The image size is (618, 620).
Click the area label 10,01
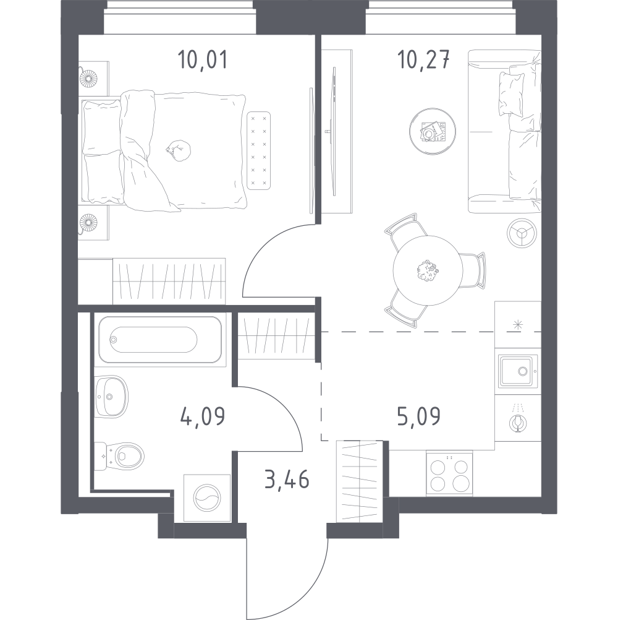tap(203, 60)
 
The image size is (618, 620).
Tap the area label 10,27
tap(424, 60)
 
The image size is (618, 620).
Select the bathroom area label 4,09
tap(203, 416)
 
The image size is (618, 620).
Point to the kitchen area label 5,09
tap(418, 416)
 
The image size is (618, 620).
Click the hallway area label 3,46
tap(287, 480)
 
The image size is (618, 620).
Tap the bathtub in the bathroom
tap(160, 340)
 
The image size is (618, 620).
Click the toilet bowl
tap(119, 456)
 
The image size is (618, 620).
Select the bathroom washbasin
tap(112, 396)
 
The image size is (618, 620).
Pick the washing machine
tap(207, 498)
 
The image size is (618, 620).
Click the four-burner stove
tap(449, 474)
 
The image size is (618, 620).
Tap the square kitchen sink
tap(518, 371)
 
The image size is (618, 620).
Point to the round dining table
tap(428, 270)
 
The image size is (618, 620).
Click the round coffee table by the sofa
tap(433, 131)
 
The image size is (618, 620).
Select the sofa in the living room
tap(504, 131)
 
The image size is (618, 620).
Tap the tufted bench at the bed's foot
tap(259, 150)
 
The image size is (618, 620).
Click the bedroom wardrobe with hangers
tap(169, 281)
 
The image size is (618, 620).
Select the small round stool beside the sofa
tap(522, 233)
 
